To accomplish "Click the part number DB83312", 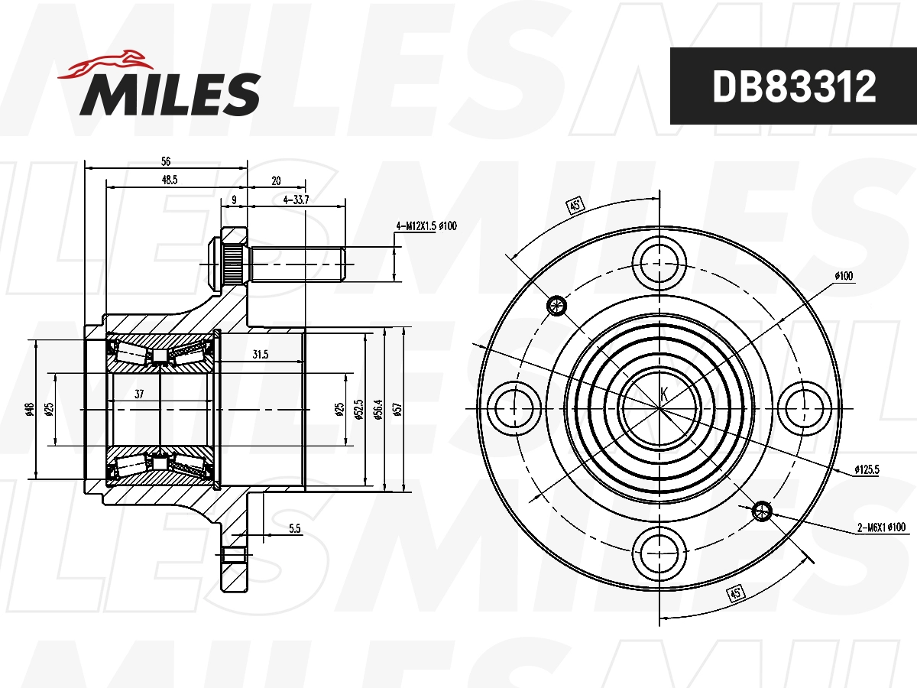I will tap(793, 86).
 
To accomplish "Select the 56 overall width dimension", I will tap(166, 161).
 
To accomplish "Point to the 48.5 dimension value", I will tap(169, 180).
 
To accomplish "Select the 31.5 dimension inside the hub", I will tap(260, 355).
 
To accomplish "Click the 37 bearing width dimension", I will tap(140, 394).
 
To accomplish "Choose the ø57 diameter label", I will tap(397, 409).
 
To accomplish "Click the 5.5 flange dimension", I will tap(295, 528).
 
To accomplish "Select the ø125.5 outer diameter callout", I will tap(867, 470).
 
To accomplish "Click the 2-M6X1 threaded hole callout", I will tap(880, 527).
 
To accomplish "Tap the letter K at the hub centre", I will tap(663, 394).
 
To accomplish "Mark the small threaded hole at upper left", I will tap(556, 306).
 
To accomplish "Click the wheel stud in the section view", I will tap(294, 263).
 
